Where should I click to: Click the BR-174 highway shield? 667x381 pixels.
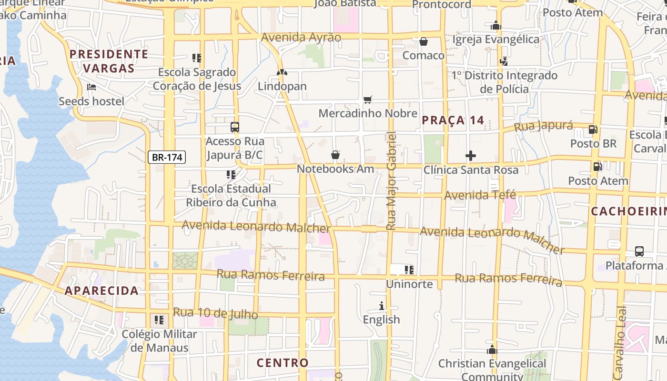pyautogui.click(x=166, y=157)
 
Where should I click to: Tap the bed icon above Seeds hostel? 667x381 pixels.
pyautogui.click(x=91, y=87)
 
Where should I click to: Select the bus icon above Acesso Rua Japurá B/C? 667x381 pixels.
pyautogui.click(x=234, y=127)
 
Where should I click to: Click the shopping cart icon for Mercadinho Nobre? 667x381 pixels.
pyautogui.click(x=367, y=100)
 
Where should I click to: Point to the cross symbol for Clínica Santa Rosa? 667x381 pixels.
pyautogui.click(x=470, y=156)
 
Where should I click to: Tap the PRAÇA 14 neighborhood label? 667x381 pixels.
pyautogui.click(x=453, y=120)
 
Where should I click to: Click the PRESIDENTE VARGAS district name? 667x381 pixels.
pyautogui.click(x=109, y=61)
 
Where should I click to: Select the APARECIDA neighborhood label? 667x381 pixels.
pyautogui.click(x=101, y=291)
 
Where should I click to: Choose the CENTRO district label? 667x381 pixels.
pyautogui.click(x=283, y=362)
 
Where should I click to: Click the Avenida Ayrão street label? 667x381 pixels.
pyautogui.click(x=301, y=37)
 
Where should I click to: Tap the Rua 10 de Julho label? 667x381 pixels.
pyautogui.click(x=215, y=313)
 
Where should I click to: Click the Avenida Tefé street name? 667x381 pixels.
pyautogui.click(x=480, y=195)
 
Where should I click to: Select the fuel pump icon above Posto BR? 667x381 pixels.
pyautogui.click(x=593, y=129)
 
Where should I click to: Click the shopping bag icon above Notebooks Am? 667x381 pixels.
pyautogui.click(x=335, y=155)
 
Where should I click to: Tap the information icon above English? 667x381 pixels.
pyautogui.click(x=381, y=306)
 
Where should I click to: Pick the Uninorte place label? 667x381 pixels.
pyautogui.click(x=409, y=284)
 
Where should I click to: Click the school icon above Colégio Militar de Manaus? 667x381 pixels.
pyautogui.click(x=159, y=320)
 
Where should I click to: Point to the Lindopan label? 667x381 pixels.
pyautogui.click(x=282, y=86)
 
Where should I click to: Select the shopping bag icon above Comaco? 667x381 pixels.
pyautogui.click(x=423, y=41)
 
